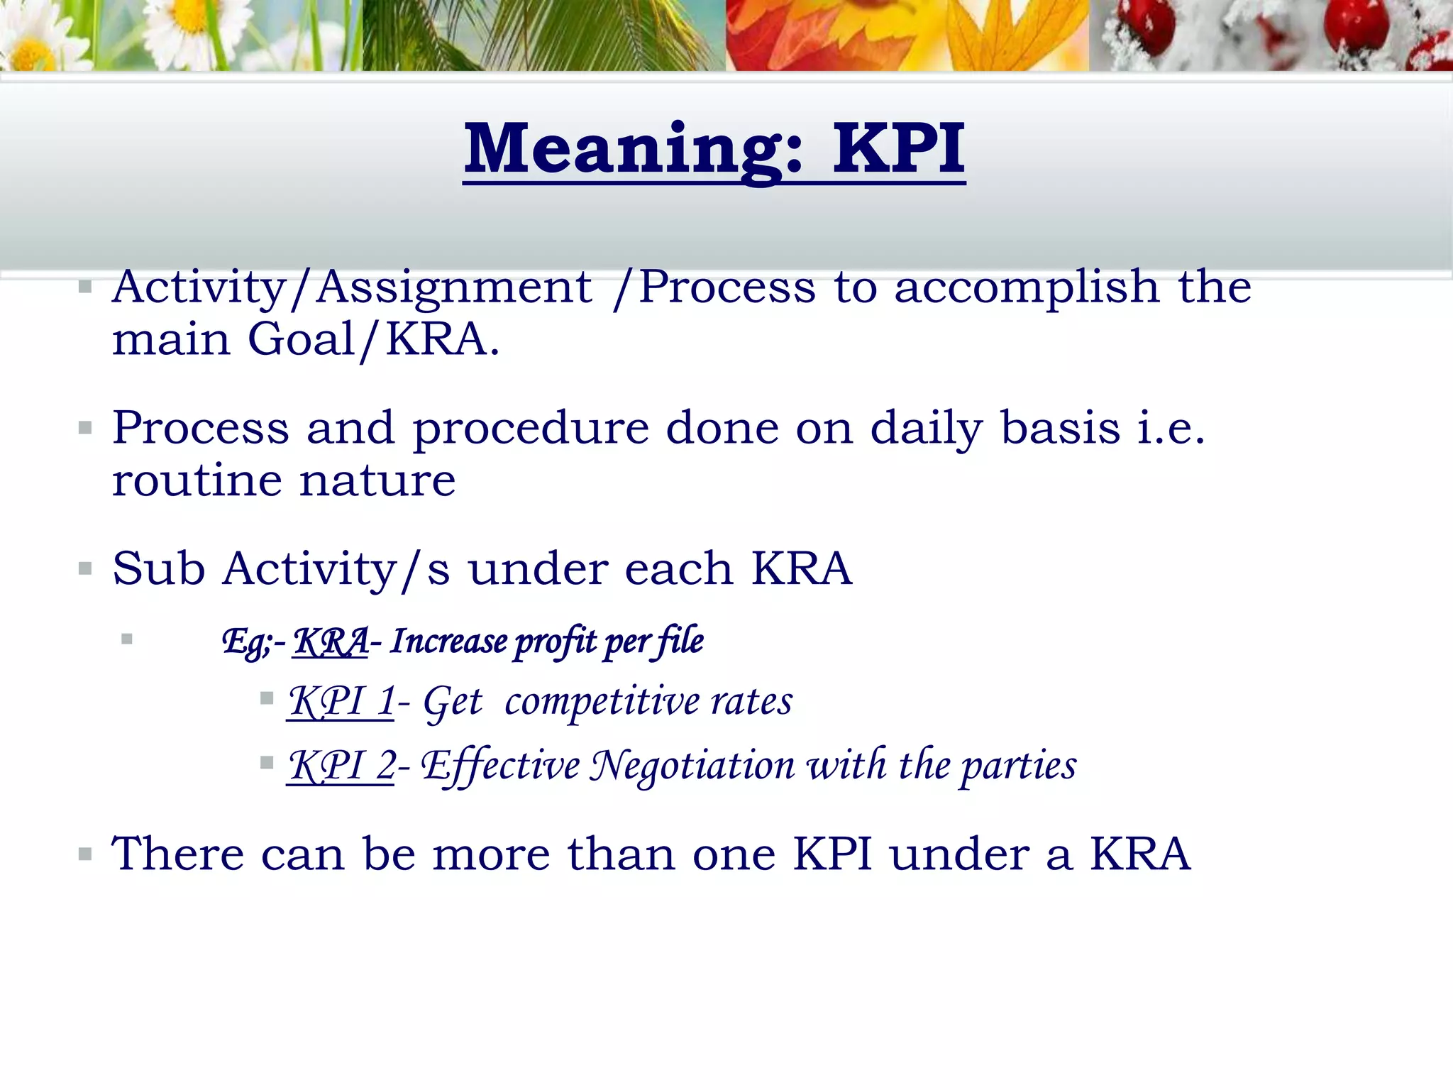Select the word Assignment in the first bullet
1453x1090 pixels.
pos(454,287)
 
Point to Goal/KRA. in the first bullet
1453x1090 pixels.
pos(373,339)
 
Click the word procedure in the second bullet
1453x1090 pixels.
pos(531,429)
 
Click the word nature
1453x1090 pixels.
pos(377,480)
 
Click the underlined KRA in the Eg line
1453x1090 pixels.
pos(331,642)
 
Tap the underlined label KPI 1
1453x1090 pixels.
pos(341,702)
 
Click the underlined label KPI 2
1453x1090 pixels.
pos(341,766)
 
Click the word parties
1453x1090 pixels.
pos(1019,767)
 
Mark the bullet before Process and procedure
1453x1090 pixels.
pos(85,428)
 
